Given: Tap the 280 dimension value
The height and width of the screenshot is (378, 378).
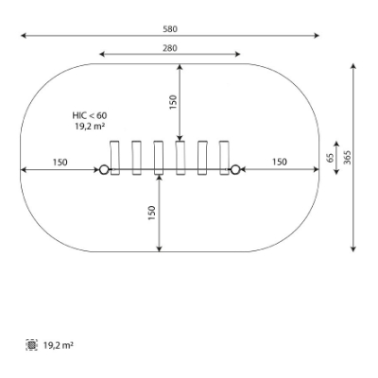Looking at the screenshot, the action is [x=170, y=48].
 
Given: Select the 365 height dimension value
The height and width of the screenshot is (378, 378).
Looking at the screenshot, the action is [x=347, y=157].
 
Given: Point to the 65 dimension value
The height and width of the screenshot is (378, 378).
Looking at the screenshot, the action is [x=330, y=158].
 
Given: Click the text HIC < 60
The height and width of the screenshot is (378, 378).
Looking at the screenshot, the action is [x=90, y=115].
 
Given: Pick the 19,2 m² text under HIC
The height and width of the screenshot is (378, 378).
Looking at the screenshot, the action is [x=90, y=127].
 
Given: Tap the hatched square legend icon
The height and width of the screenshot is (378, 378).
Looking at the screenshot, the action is [x=31, y=345].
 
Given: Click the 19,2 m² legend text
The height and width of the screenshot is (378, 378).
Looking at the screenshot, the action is [x=59, y=345].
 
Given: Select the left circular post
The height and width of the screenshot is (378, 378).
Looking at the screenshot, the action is [x=104, y=170].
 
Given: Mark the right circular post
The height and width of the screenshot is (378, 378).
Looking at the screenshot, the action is [x=235, y=170].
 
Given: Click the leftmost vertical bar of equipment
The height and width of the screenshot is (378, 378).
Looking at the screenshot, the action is [x=115, y=158].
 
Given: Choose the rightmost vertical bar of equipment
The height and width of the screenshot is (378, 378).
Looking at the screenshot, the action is [x=224, y=158].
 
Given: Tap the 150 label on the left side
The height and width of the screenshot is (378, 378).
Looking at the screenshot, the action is [x=60, y=163].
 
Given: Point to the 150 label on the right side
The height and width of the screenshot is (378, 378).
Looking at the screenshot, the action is [x=280, y=162].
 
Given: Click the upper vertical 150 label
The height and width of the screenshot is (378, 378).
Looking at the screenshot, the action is [x=173, y=102].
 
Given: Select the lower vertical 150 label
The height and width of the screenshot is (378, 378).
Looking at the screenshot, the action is [x=152, y=213].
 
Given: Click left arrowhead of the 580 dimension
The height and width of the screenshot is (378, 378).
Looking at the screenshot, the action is [x=24, y=35].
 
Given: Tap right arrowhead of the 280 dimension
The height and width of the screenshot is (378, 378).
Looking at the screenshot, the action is [x=237, y=54].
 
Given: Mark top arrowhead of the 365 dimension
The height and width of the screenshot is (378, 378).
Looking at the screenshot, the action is [x=353, y=66].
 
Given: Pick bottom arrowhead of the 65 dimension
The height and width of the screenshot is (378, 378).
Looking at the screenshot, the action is [x=336, y=172].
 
